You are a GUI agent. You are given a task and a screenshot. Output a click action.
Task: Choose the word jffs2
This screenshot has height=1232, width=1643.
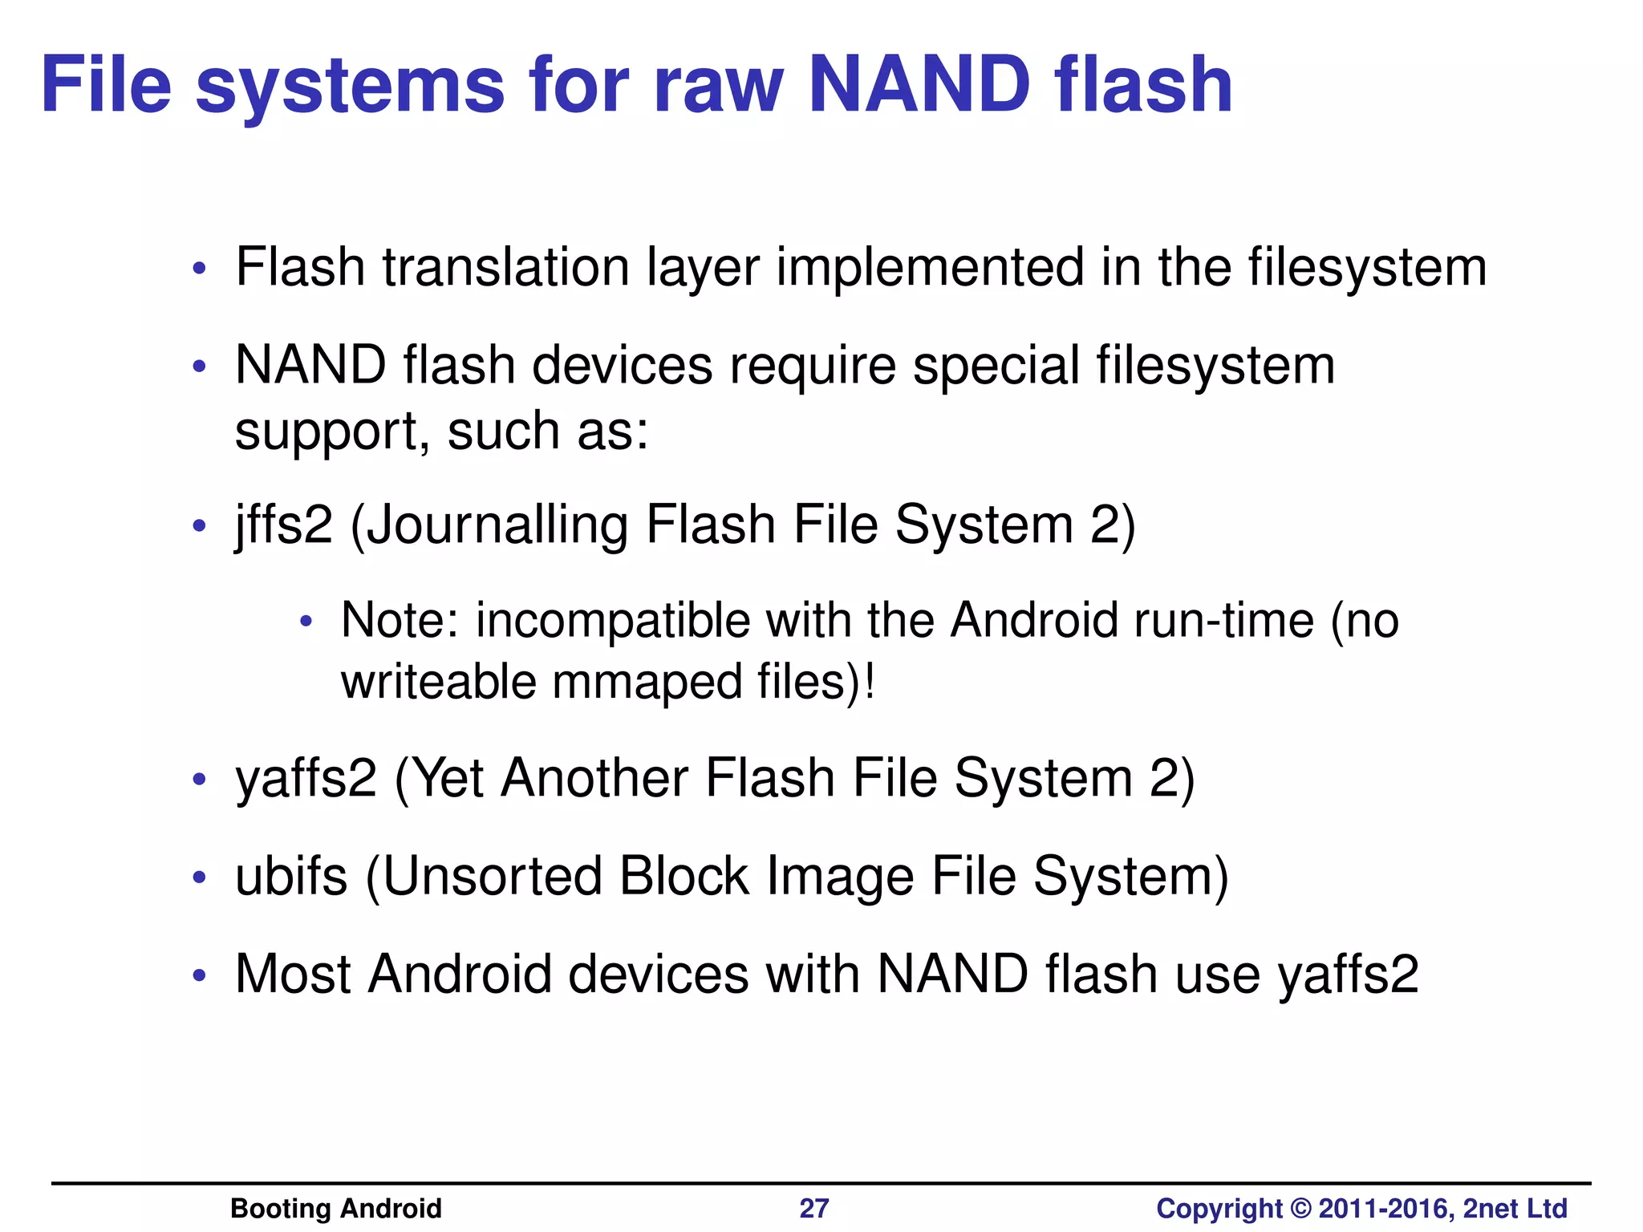tap(283, 525)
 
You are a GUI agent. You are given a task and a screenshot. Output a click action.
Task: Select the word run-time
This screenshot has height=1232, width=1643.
tap(1213, 621)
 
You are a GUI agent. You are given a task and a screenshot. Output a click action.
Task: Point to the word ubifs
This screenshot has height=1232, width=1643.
tap(291, 876)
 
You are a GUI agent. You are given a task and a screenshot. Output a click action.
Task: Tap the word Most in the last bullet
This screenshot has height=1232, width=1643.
tap(293, 975)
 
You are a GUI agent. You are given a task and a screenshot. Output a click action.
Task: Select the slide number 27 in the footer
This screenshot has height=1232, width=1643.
tap(813, 1208)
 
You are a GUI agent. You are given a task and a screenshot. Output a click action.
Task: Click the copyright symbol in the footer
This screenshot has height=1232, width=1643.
tap(1300, 1209)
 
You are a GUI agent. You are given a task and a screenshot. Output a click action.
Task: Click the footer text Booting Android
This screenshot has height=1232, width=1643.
tap(335, 1208)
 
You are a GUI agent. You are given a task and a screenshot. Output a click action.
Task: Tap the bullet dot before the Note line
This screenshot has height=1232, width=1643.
tap(305, 622)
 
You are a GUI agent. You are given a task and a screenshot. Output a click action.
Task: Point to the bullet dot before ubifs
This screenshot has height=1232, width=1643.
tap(200, 877)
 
